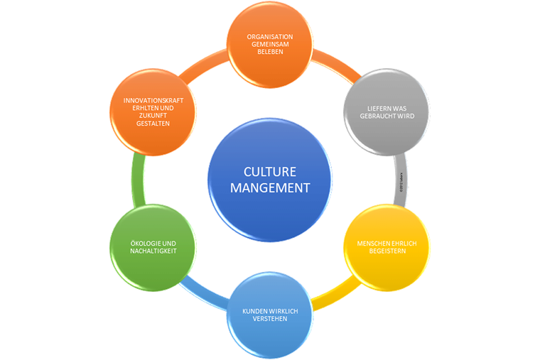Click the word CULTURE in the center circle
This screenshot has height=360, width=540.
pyautogui.click(x=269, y=171)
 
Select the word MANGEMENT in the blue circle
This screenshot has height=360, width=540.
pyautogui.click(x=269, y=188)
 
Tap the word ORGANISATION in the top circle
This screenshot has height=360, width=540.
pyautogui.click(x=269, y=36)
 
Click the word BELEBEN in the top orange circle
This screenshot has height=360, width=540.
pyautogui.click(x=269, y=53)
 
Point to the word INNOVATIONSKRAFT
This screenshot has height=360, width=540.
pyautogui.click(x=153, y=100)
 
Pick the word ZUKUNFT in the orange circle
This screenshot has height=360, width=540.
pyautogui.click(x=153, y=116)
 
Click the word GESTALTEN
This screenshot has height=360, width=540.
pyautogui.click(x=153, y=124)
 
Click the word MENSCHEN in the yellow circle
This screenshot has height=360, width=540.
pyautogui.click(x=370, y=243)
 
